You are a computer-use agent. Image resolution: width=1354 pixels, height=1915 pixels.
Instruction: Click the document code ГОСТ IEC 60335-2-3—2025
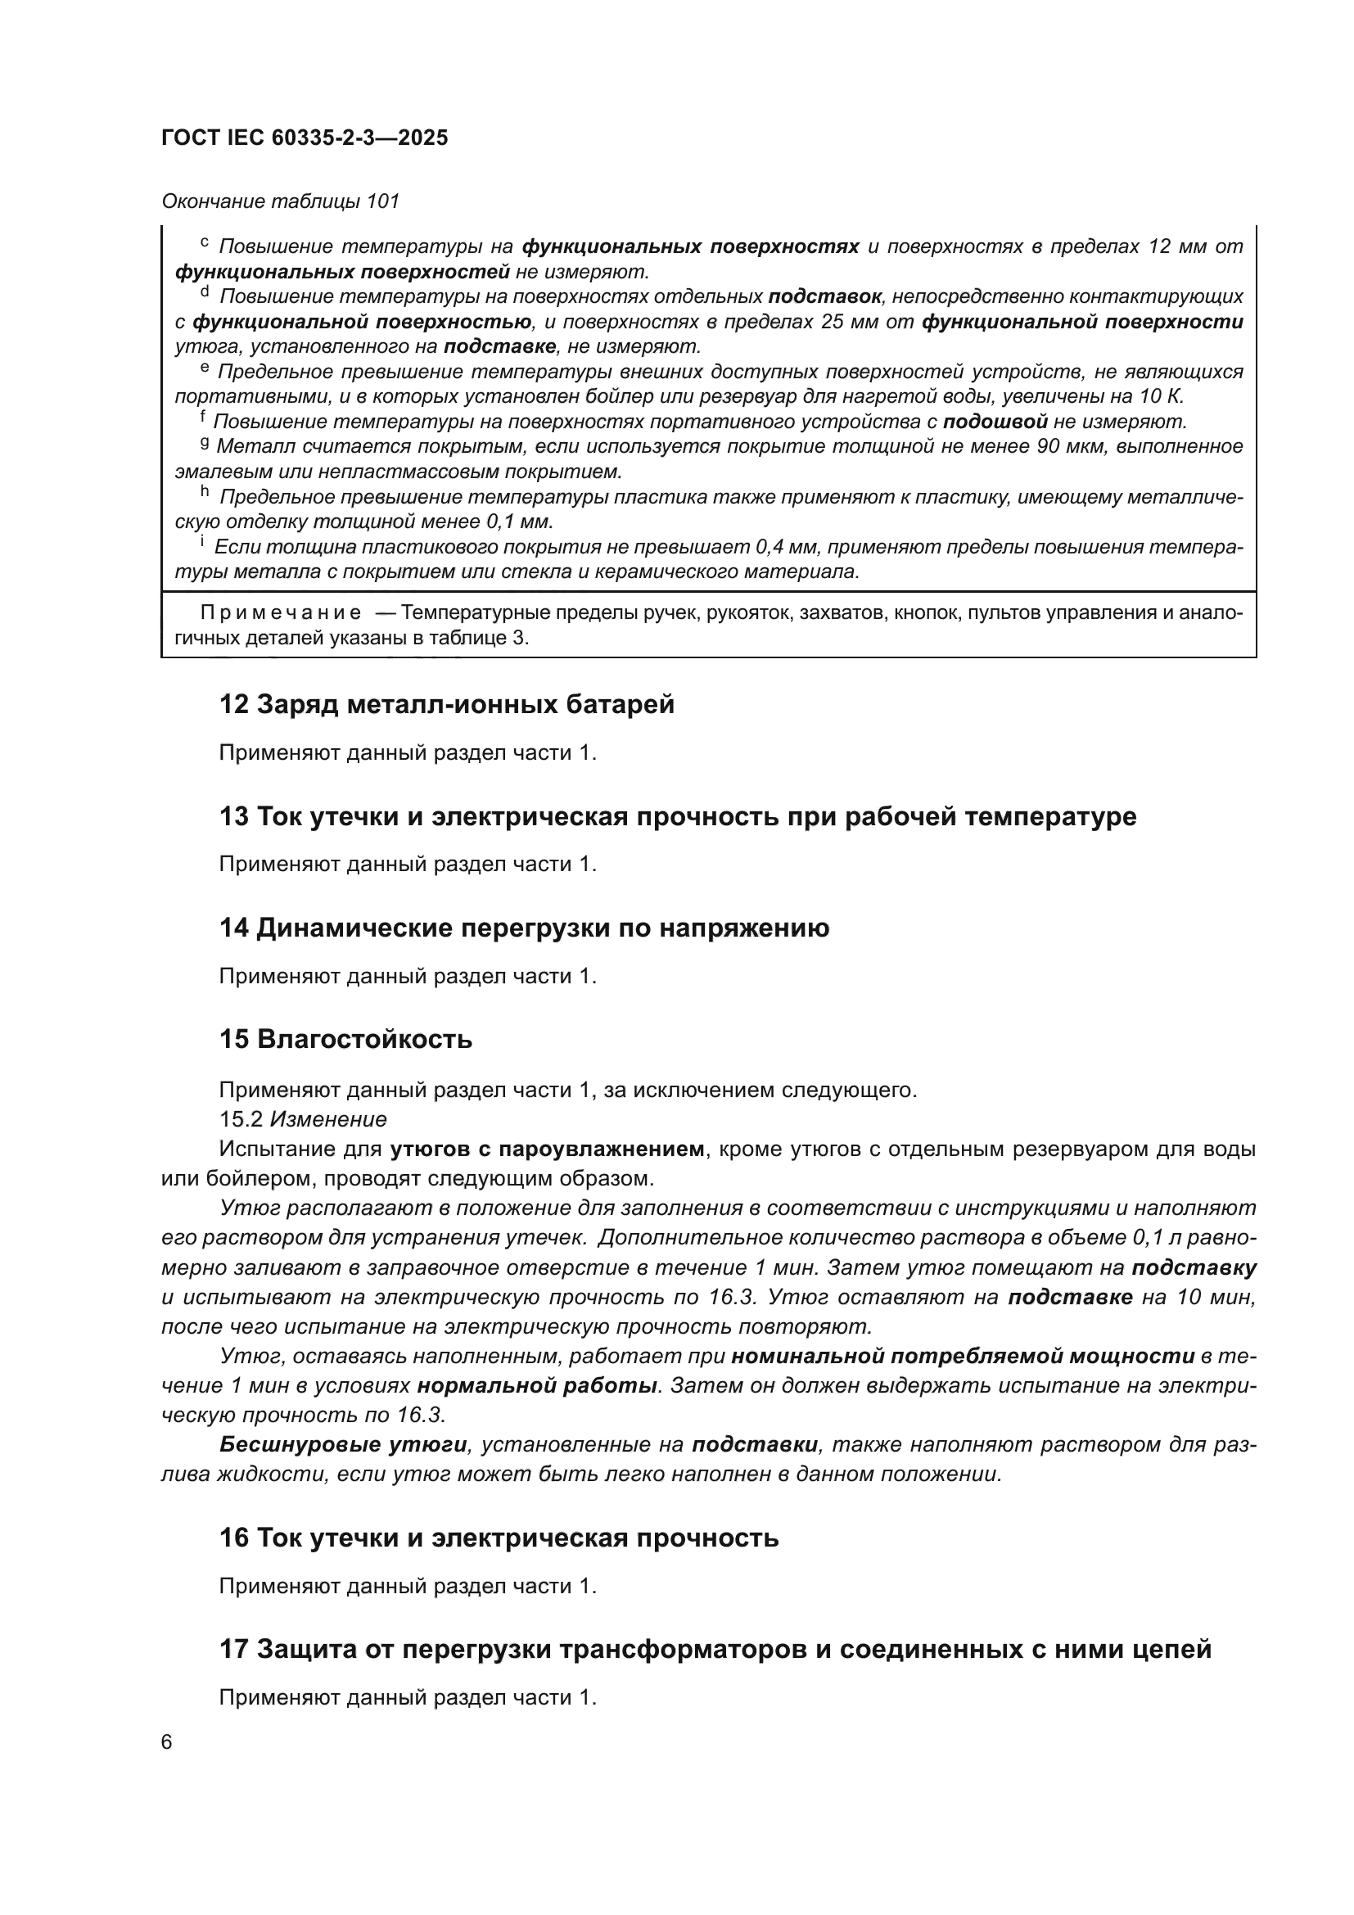pyautogui.click(x=305, y=138)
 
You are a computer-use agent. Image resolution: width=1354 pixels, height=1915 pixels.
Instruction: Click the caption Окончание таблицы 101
pyautogui.click(x=280, y=201)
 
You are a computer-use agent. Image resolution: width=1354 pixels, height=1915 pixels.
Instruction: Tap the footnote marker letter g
pyautogui.click(x=205, y=444)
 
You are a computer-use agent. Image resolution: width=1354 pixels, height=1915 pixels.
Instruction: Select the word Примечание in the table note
pyautogui.click(x=281, y=613)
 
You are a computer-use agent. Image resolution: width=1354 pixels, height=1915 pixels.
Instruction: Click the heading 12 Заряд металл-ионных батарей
pyautogui.click(x=447, y=705)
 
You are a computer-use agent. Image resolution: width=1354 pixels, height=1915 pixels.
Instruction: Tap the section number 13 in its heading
pyautogui.click(x=233, y=816)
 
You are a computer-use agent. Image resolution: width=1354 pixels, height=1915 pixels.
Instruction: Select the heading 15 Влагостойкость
pyautogui.click(x=346, y=1040)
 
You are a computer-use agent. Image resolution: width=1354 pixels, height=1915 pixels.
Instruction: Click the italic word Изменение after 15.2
pyautogui.click(x=328, y=1119)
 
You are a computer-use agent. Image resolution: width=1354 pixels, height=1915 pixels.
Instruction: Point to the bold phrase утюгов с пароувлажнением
pyautogui.click(x=547, y=1149)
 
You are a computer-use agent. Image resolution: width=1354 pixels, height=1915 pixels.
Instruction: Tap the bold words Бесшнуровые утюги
pyautogui.click(x=343, y=1445)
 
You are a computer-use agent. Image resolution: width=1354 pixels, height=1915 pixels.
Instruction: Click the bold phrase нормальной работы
pyautogui.click(x=537, y=1386)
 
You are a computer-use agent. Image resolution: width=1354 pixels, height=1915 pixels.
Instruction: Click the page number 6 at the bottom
pyautogui.click(x=167, y=1742)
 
